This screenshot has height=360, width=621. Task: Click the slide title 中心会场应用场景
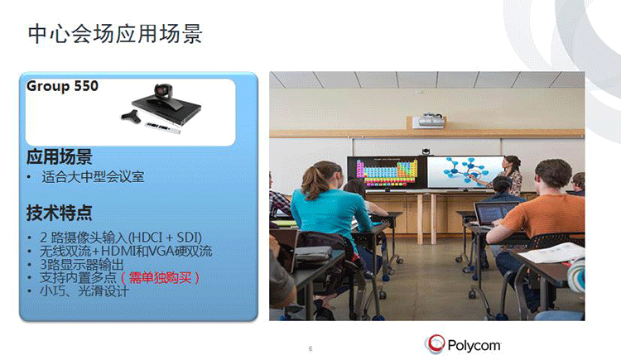[115, 34]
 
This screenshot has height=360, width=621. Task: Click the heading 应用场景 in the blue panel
[59, 157]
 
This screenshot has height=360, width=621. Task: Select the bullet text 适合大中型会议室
[93, 177]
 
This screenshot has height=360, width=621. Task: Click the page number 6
[310, 348]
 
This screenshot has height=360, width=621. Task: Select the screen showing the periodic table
[381, 174]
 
